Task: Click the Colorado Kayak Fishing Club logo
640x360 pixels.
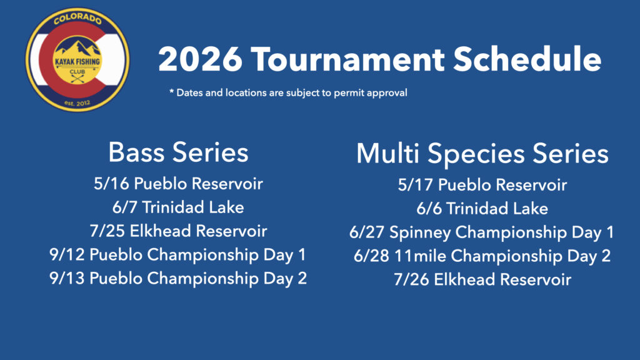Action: pyautogui.click(x=77, y=59)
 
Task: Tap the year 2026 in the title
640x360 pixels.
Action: pyautogui.click(x=200, y=59)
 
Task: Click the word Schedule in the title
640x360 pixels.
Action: pyautogui.click(x=527, y=59)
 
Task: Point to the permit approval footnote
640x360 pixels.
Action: pyautogui.click(x=288, y=92)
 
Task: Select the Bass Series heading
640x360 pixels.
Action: pyautogui.click(x=178, y=152)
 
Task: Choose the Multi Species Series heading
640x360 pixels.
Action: pyautogui.click(x=482, y=154)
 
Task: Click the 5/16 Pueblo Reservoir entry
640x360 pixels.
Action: pyautogui.click(x=178, y=184)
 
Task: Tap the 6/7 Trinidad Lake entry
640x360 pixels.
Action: pyautogui.click(x=178, y=207)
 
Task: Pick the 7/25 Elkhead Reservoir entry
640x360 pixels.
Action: pyautogui.click(x=178, y=231)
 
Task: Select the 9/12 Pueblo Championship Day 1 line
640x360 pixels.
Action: pyautogui.click(x=177, y=255)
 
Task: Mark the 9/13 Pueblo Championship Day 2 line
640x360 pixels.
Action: pyautogui.click(x=178, y=279)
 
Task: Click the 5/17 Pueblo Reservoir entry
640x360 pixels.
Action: pyautogui.click(x=482, y=185)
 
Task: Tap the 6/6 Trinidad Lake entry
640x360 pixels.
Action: pyautogui.click(x=482, y=209)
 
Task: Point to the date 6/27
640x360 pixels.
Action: pyautogui.click(x=366, y=232)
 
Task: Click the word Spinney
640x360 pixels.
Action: pyautogui.click(x=420, y=233)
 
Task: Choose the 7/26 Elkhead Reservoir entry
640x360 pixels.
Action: pyautogui.click(x=482, y=280)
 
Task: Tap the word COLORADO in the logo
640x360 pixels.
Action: pyautogui.click(x=77, y=18)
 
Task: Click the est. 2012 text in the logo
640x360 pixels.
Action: pyautogui.click(x=77, y=103)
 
